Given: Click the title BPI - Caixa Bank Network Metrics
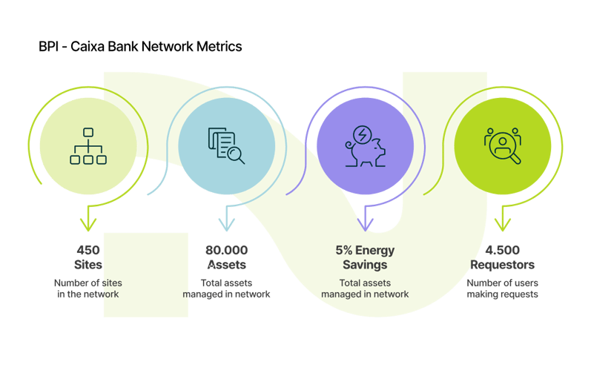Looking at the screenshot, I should point(140,47).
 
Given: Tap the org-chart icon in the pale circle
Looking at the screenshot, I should point(88,146).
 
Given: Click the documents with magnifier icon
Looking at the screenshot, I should point(226,146).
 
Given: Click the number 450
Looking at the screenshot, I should point(88,250).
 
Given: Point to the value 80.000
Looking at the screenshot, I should point(226,250).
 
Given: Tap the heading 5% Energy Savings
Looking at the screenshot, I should point(364,257).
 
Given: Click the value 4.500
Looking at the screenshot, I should point(503,250).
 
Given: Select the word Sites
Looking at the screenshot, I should point(88,264).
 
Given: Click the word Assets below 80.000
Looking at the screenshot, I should point(226,264).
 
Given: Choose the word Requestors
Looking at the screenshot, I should point(503,264).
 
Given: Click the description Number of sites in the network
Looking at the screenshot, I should point(88,288).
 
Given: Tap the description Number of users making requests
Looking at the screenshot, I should point(503,288).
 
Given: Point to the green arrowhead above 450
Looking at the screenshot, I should point(88,221).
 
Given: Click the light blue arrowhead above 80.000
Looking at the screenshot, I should point(226,221).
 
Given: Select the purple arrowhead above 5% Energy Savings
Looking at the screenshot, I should point(365,221).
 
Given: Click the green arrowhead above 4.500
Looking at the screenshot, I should point(503,221).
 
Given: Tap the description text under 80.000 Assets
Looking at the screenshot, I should point(226,288).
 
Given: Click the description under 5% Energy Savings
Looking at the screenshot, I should point(364,288).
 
